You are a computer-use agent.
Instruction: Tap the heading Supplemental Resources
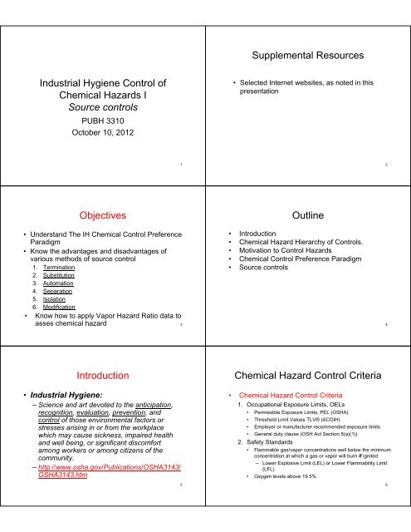[x=307, y=59]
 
